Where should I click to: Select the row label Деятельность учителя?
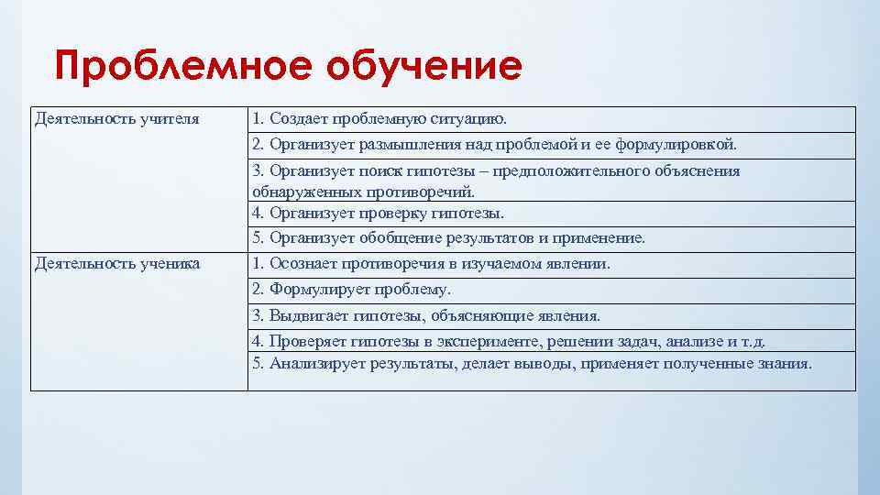pos(116,119)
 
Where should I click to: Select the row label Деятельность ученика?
pos(116,264)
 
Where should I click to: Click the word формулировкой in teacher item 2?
pos(685,145)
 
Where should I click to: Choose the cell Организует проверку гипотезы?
pos(378,213)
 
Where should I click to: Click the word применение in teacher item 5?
pos(600,238)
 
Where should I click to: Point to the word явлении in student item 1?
pos(578,264)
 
